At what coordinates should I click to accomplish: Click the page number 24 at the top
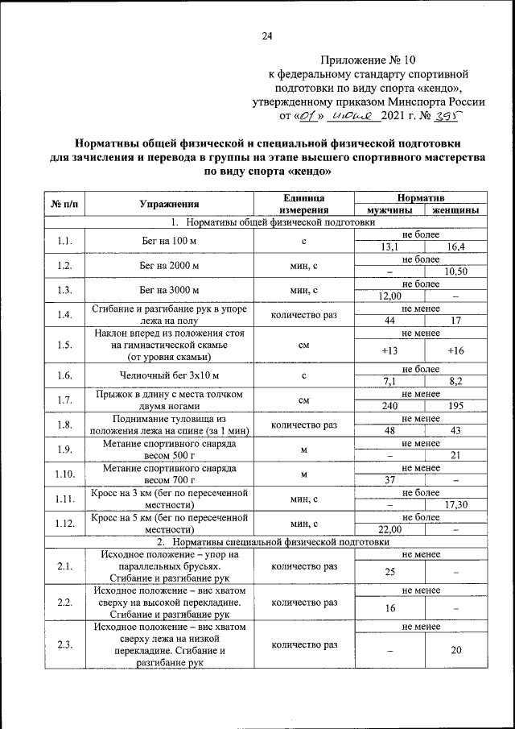(x=267, y=35)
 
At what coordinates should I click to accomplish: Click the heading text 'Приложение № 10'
(x=369, y=60)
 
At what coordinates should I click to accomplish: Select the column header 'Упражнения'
(x=169, y=204)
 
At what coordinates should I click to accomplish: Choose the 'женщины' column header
(x=455, y=210)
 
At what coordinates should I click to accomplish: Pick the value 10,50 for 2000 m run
(x=455, y=271)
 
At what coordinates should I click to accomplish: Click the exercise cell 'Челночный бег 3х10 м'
(x=169, y=375)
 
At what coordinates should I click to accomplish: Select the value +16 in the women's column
(x=455, y=350)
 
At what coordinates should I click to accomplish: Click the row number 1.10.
(x=65, y=474)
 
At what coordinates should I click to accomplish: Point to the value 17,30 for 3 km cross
(x=455, y=505)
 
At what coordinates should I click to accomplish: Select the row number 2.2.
(x=65, y=602)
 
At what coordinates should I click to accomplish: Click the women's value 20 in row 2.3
(x=455, y=651)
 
